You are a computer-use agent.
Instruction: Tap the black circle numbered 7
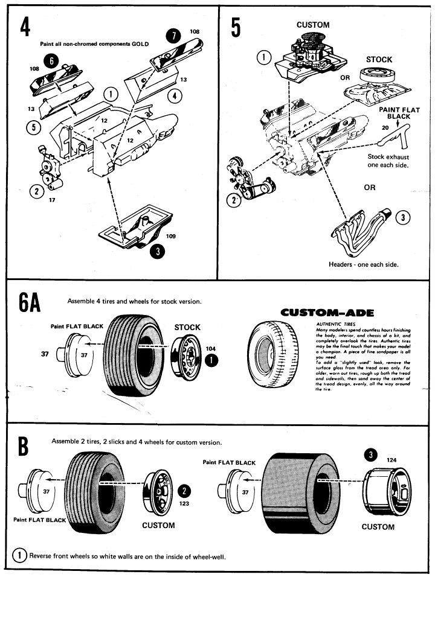pos(175,35)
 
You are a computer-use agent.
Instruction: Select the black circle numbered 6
pos(51,60)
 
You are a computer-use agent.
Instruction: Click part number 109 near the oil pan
pos(171,237)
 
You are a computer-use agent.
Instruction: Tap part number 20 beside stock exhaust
pos(385,128)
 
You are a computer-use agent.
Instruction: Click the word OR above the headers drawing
pos(369,188)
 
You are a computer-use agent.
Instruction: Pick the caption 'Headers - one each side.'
pos(364,264)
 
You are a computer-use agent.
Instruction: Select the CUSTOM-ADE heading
pos(328,313)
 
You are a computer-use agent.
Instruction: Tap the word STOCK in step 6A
pos(187,327)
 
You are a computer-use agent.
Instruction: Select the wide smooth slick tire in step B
pos(298,491)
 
